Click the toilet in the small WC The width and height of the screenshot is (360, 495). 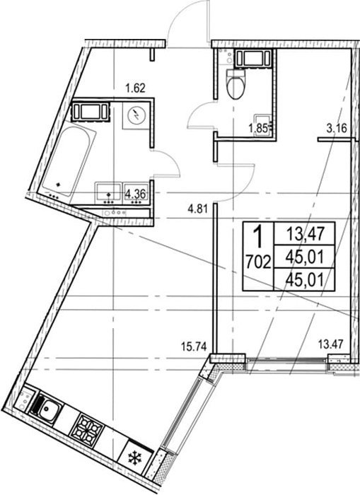[x=236, y=83]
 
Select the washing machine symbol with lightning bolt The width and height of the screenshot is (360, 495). [x=136, y=116]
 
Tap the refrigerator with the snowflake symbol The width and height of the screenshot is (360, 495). [x=137, y=455]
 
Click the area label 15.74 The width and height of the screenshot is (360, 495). [x=194, y=346]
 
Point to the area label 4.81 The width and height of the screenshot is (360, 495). [x=197, y=209]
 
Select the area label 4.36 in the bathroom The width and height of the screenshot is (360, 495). [x=136, y=194]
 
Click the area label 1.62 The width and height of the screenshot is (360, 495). [x=136, y=88]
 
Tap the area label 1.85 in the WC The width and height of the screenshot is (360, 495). [x=258, y=128]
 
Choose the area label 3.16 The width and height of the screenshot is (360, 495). [x=337, y=128]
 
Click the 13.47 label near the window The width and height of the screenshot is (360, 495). [x=330, y=344]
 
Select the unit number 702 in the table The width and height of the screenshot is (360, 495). [x=258, y=262]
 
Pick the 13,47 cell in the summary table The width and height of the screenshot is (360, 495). [x=305, y=235]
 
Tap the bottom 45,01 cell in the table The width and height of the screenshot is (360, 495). [x=305, y=280]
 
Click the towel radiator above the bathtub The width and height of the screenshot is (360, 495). [x=91, y=111]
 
